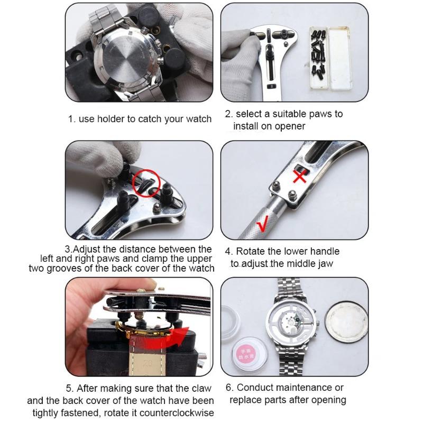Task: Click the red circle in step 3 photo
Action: [x=146, y=183]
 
